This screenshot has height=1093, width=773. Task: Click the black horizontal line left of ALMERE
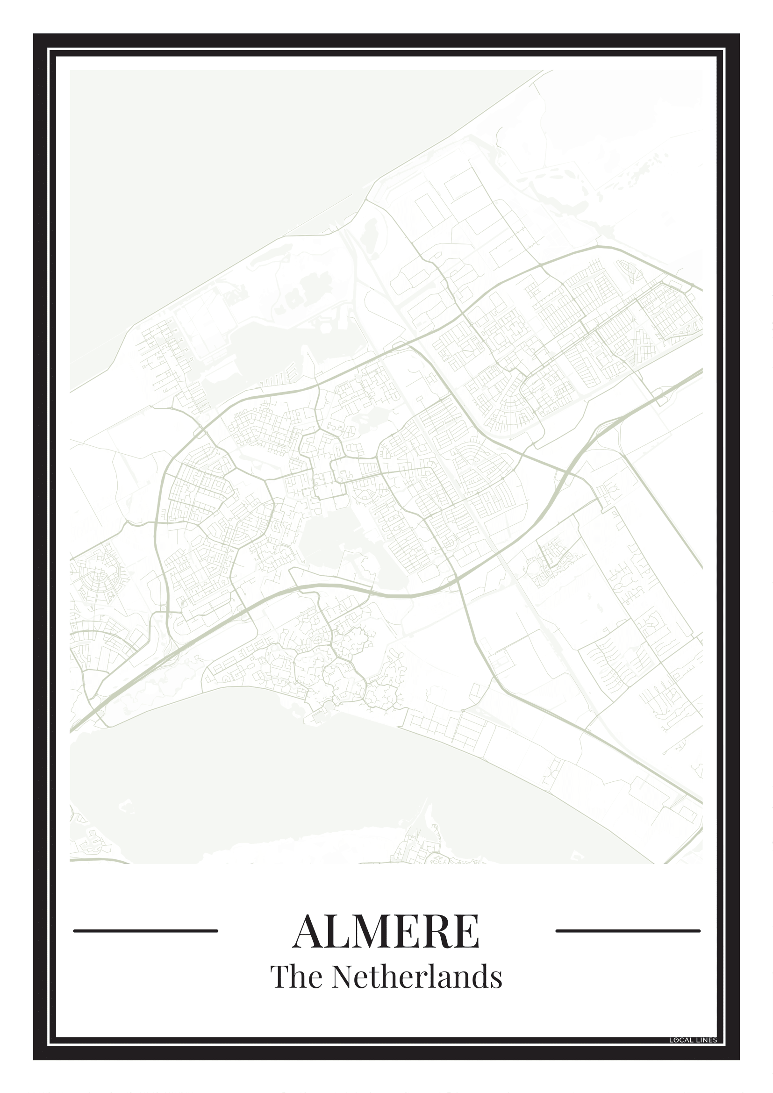coord(146,931)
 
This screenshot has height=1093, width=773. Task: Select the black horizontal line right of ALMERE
coord(628,931)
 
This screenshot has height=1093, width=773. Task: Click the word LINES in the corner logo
coord(706,1041)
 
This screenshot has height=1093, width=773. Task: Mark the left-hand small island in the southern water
coord(126,805)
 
